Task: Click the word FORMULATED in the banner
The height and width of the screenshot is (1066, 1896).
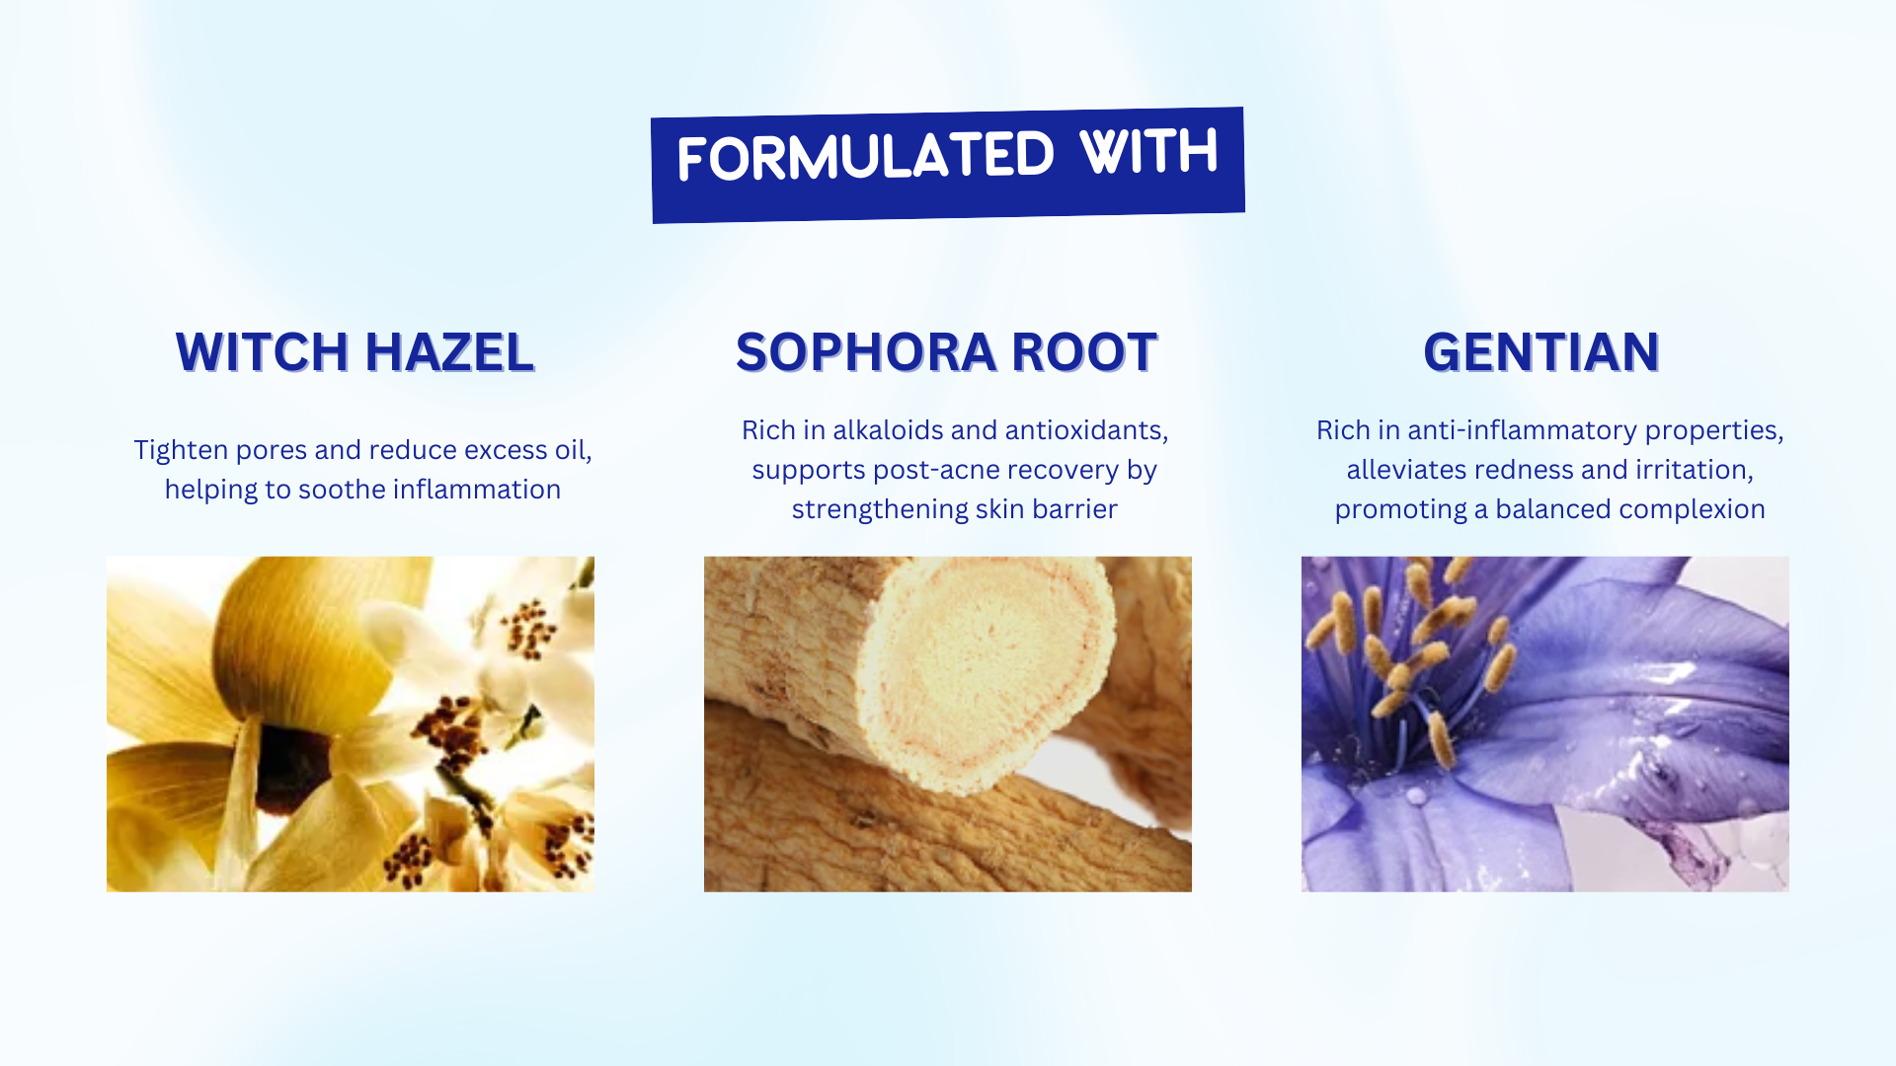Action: coord(866,156)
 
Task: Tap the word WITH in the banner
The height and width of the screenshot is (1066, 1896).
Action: coord(1148,152)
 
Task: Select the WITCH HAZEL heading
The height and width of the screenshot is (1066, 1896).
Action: coord(355,352)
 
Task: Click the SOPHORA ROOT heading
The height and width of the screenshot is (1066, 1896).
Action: coord(946,352)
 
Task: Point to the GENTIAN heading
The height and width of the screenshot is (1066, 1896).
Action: coord(1541,352)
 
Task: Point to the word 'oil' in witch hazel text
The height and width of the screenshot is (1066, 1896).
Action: coord(574,451)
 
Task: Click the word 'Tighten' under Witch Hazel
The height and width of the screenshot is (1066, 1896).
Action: coord(182,451)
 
